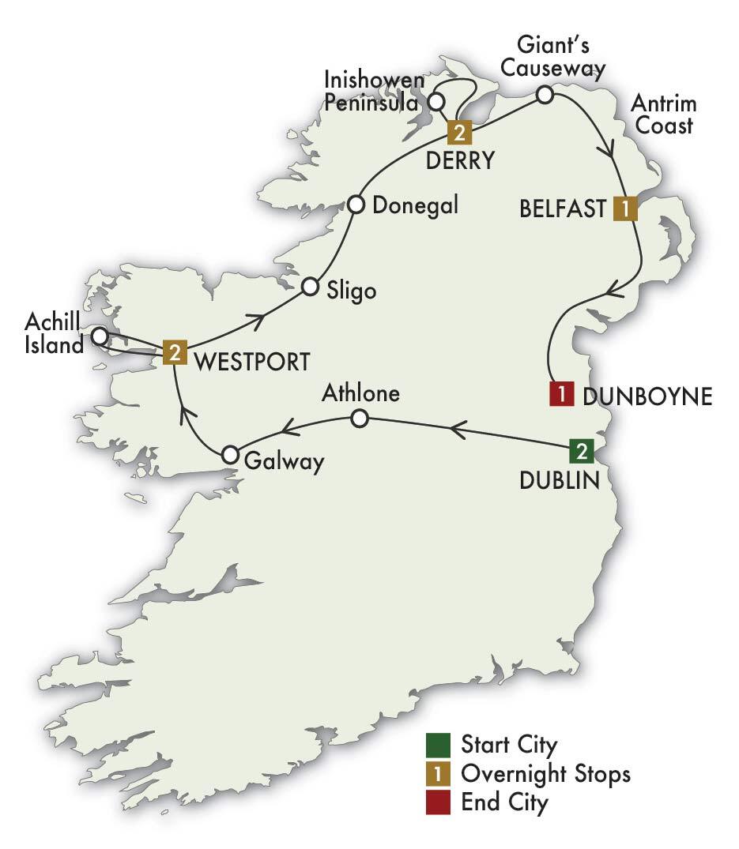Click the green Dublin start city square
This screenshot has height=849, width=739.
[581, 453]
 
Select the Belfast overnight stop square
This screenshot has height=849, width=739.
[625, 208]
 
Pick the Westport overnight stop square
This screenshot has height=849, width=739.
[175, 351]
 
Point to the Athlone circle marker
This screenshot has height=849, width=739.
[359, 419]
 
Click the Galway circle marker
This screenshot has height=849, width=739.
[230, 455]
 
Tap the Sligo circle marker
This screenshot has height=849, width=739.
[310, 287]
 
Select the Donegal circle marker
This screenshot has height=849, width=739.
[356, 205]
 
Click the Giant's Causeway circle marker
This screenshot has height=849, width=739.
[545, 95]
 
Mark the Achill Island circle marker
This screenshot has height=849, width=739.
[100, 336]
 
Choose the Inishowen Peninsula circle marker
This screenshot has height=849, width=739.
[435, 102]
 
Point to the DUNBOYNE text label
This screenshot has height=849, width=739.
[647, 397]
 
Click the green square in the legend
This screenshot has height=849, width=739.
[437, 744]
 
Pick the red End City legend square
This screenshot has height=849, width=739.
[437, 802]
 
